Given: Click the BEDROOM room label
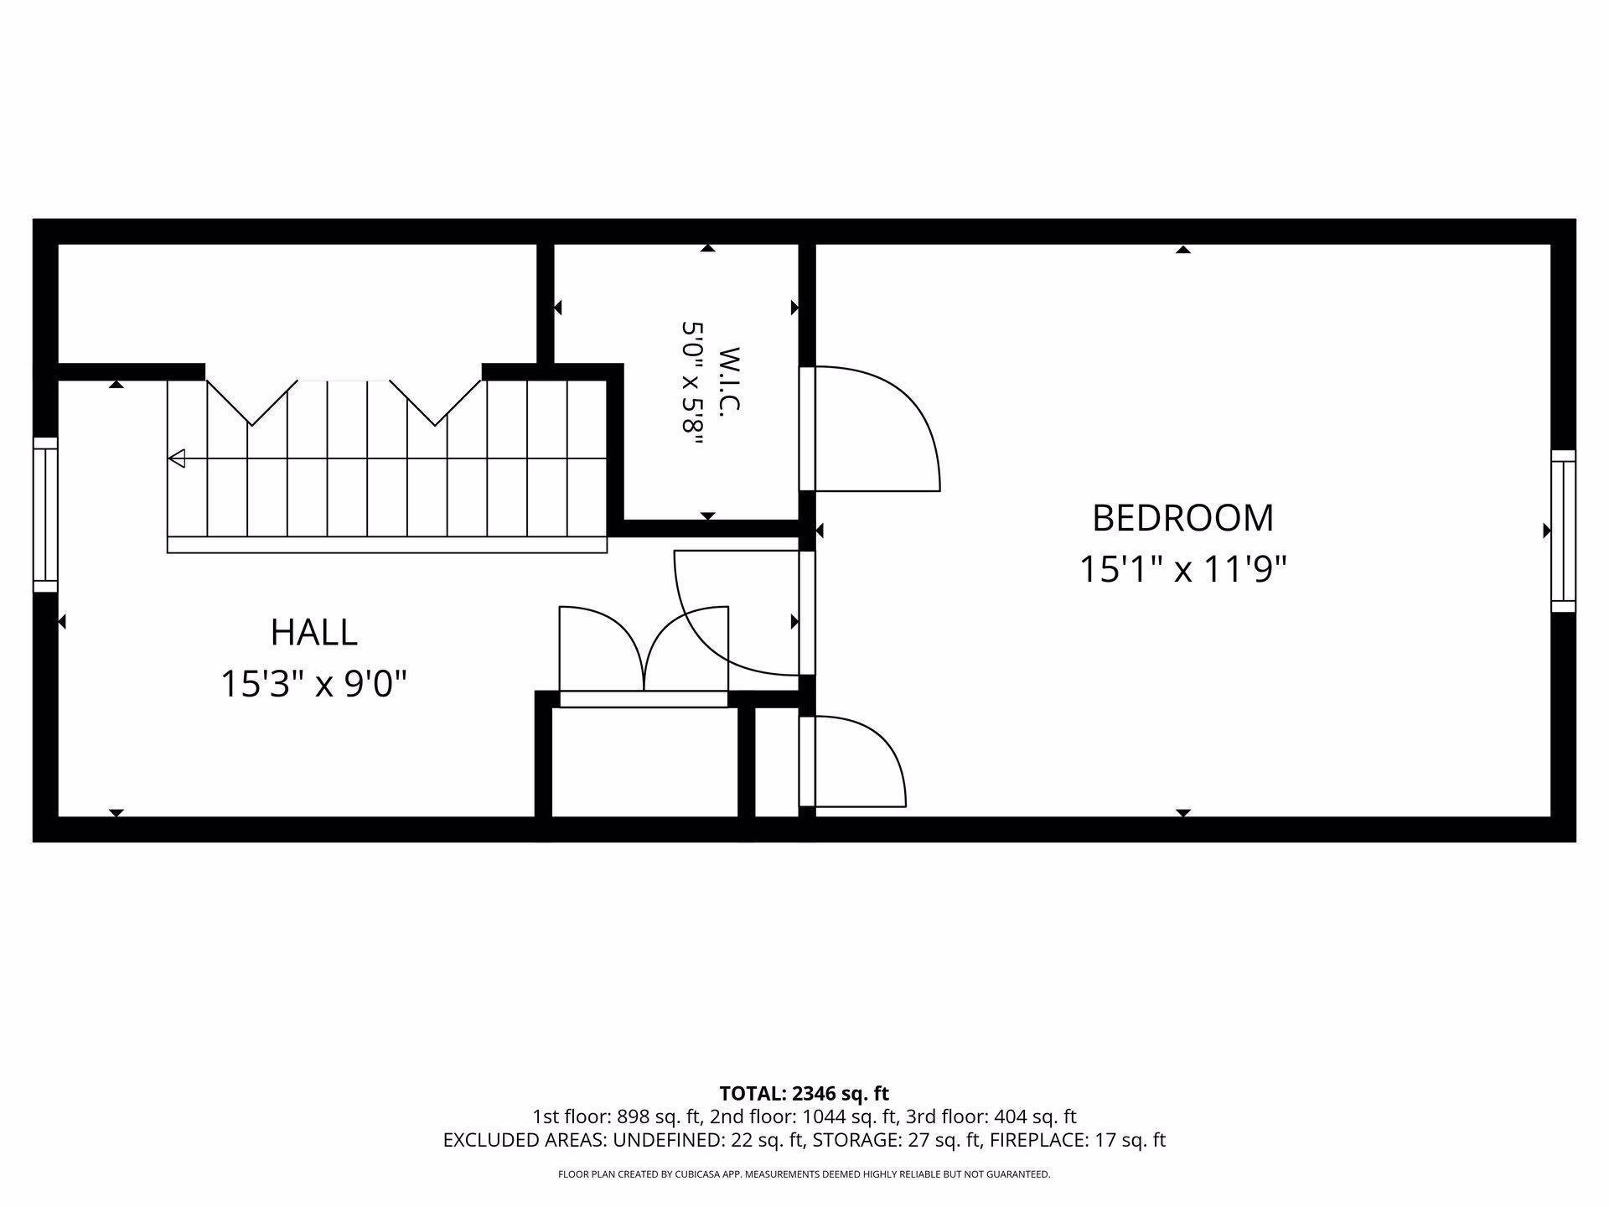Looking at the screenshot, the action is coord(1182,518).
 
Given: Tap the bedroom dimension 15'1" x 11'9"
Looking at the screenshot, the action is coord(1182,570).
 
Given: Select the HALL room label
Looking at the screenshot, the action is coord(314,632).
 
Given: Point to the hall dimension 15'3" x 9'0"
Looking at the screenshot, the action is coord(313,684).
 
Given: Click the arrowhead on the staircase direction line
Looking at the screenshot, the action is coord(176,458).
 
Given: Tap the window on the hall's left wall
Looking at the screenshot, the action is coord(45,515).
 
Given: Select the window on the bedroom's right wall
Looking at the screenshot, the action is coord(1563,531).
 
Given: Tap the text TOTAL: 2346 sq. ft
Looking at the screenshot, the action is coord(804,1093).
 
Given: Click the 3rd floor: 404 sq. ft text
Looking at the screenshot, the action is coord(991,1116).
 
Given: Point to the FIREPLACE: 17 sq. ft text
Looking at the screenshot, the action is coord(1078,1140).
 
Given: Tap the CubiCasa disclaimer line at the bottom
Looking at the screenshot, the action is coord(804,1174).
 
